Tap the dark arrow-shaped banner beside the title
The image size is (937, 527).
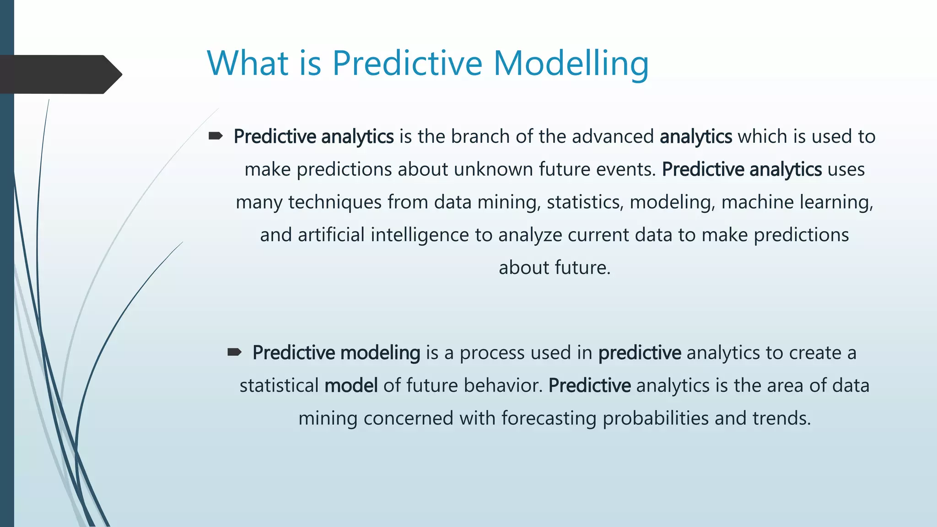click(x=59, y=75)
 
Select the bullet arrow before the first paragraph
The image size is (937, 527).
click(x=215, y=136)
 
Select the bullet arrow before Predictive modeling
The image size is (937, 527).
click(x=234, y=352)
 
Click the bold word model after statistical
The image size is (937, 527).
click(x=351, y=386)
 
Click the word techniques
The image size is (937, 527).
click(x=334, y=202)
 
